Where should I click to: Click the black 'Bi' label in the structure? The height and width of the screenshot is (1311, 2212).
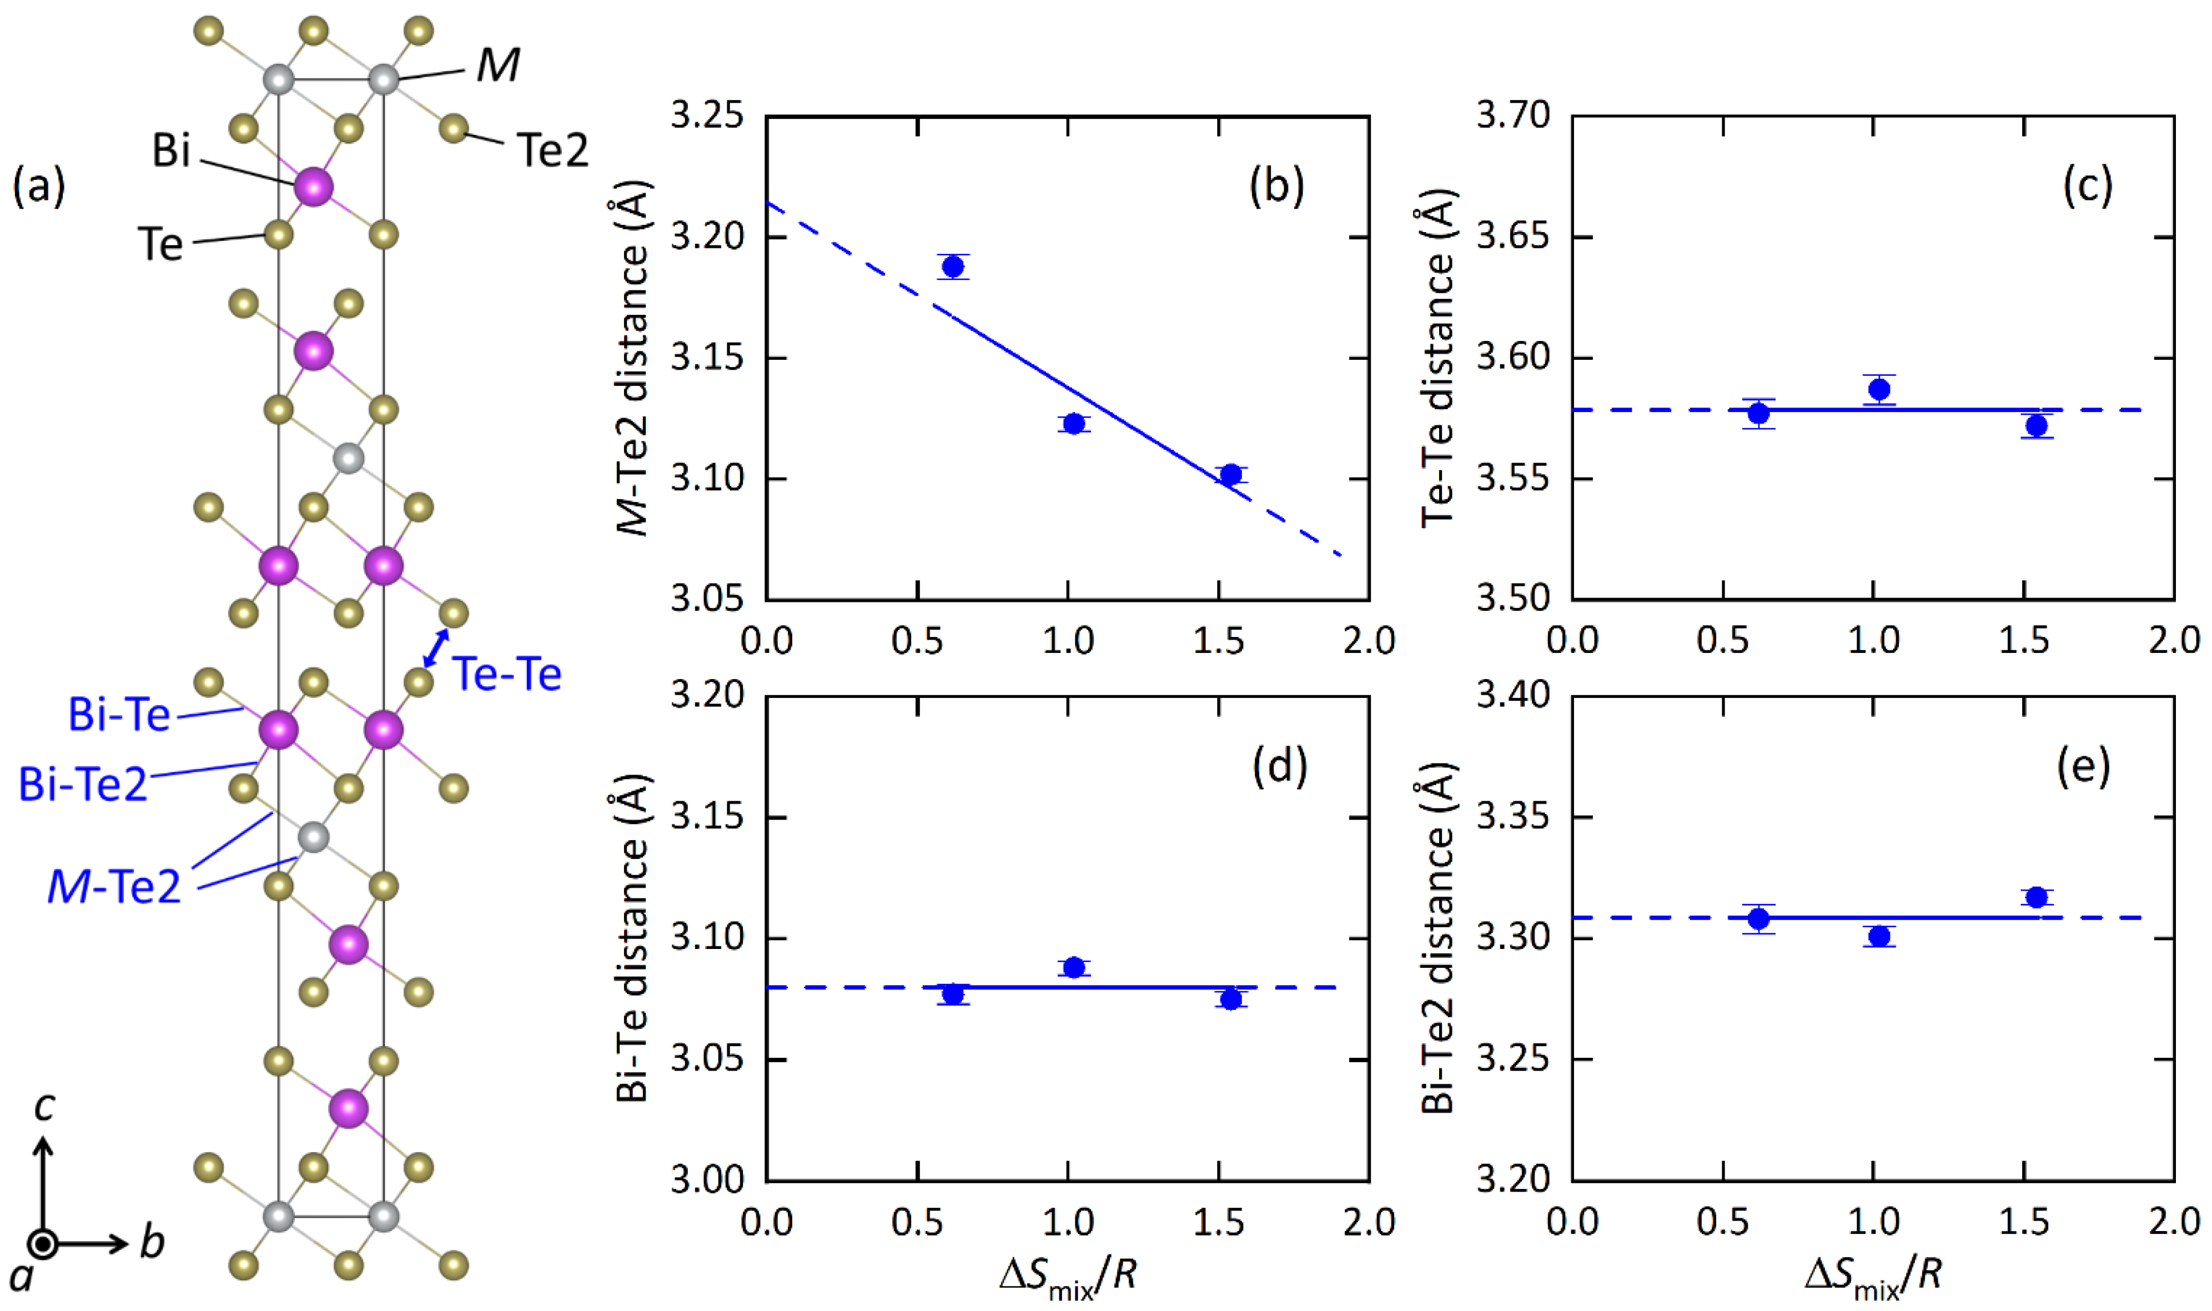[x=170, y=150]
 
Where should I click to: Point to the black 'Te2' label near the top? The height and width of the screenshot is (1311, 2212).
[x=551, y=150]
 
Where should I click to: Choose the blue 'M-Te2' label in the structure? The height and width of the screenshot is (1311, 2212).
[x=114, y=886]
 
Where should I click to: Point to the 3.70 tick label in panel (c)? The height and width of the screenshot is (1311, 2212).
[x=1512, y=115]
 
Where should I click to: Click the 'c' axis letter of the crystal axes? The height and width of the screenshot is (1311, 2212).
[x=44, y=1105]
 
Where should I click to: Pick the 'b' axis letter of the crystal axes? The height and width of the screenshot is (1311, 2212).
[x=152, y=1242]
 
